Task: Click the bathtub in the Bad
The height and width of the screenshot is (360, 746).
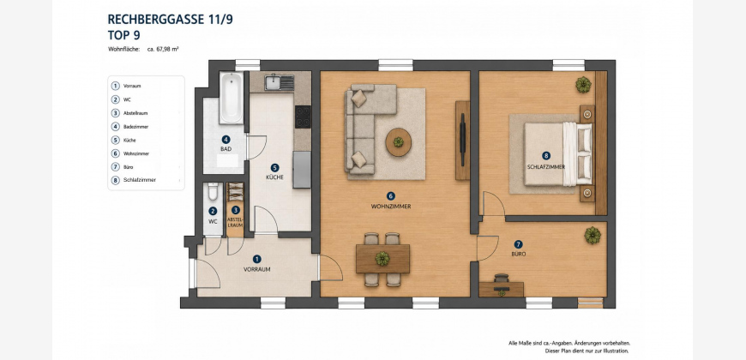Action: click(232, 98)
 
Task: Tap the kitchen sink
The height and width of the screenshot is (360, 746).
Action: click(280, 82)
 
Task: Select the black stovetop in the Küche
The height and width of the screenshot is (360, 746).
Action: click(303, 117)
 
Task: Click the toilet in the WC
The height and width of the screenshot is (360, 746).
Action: click(213, 191)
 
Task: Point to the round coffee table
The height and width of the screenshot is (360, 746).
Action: click(398, 141)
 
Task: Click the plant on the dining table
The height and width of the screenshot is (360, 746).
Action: click(382, 259)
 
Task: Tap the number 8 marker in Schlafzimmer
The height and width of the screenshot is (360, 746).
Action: click(545, 155)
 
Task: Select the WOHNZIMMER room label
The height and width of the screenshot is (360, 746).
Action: click(391, 207)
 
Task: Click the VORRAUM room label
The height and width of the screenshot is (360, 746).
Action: click(257, 269)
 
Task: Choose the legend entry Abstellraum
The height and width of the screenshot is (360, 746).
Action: click(135, 113)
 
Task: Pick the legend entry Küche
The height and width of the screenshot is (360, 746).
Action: click(129, 141)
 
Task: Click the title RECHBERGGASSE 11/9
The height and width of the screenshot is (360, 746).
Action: click(171, 20)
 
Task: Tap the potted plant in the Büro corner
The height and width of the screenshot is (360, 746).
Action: click(593, 236)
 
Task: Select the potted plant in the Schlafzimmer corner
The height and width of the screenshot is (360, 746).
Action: click(583, 85)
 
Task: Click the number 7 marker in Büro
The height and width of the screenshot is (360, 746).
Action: click(518, 244)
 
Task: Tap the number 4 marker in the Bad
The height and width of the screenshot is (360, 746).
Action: click(226, 140)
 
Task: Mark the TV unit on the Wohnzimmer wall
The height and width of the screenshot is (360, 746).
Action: click(462, 141)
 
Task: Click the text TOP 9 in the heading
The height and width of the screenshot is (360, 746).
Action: click(123, 35)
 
